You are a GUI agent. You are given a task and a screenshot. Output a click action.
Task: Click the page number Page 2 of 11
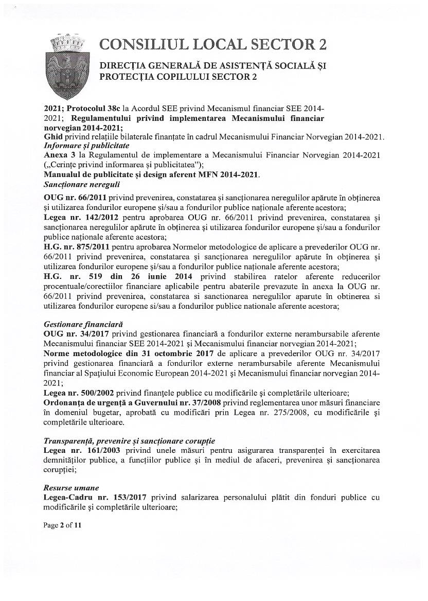click(x=62, y=525)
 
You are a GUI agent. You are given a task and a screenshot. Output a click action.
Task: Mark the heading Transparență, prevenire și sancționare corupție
click(x=129, y=440)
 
